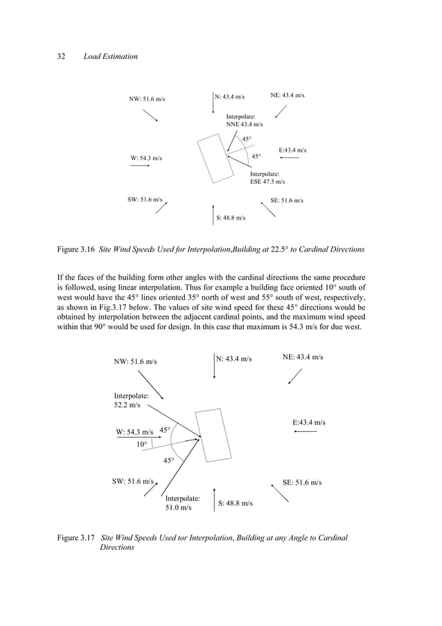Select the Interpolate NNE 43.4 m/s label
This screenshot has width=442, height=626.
[x=245, y=121]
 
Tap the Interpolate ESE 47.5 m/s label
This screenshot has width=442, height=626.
[x=267, y=178]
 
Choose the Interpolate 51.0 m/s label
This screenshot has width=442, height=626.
[x=182, y=503]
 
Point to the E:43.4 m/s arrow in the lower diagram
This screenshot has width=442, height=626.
[x=306, y=432]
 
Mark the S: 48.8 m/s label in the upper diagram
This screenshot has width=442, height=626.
[x=231, y=218]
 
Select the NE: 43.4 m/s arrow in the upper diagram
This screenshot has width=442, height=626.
[x=281, y=111]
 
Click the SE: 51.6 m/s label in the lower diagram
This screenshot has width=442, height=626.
[x=302, y=482]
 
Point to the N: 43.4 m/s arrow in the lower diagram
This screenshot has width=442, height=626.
[x=214, y=367]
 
